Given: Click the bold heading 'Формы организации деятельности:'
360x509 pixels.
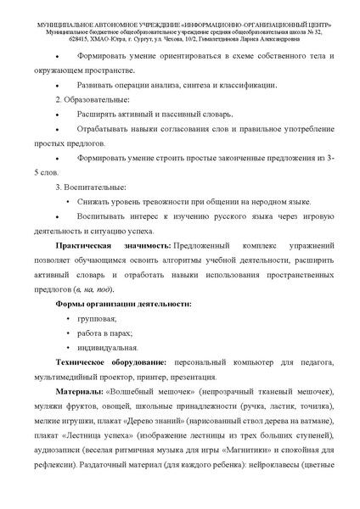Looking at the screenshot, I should (x=123, y=303).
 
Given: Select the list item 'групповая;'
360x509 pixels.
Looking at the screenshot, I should (x=98, y=318).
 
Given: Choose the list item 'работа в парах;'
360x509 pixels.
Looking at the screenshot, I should (x=105, y=333).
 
